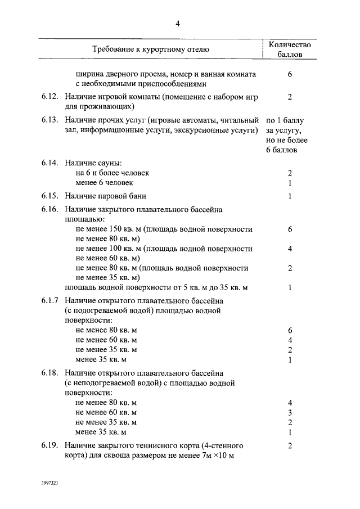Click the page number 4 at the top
click(178, 24)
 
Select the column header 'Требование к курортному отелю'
click(151, 49)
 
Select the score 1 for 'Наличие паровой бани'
click(290, 196)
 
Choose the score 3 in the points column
click(290, 412)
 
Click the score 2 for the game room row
click(290, 97)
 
